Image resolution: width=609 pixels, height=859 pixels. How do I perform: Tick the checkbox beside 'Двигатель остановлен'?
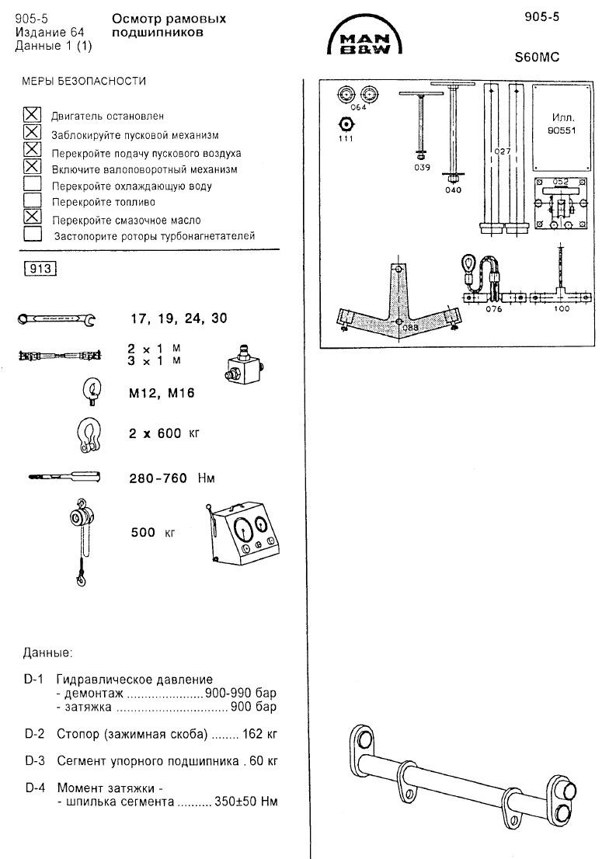point(33,115)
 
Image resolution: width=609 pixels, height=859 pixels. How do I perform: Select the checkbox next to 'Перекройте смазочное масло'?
point(33,217)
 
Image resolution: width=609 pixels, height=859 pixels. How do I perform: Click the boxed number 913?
point(41,269)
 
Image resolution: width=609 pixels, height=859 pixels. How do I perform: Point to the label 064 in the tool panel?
point(358,108)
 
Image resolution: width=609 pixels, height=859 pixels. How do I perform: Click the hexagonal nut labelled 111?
point(345,124)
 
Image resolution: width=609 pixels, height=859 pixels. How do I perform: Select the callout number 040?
point(453,189)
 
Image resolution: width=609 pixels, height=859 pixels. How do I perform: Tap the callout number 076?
point(494,309)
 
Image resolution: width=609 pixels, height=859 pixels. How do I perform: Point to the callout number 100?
point(561,309)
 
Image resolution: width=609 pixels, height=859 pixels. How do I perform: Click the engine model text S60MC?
point(537,57)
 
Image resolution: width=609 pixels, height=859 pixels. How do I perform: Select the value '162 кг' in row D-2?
point(260,733)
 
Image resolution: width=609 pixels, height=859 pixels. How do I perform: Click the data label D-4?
point(34,788)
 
